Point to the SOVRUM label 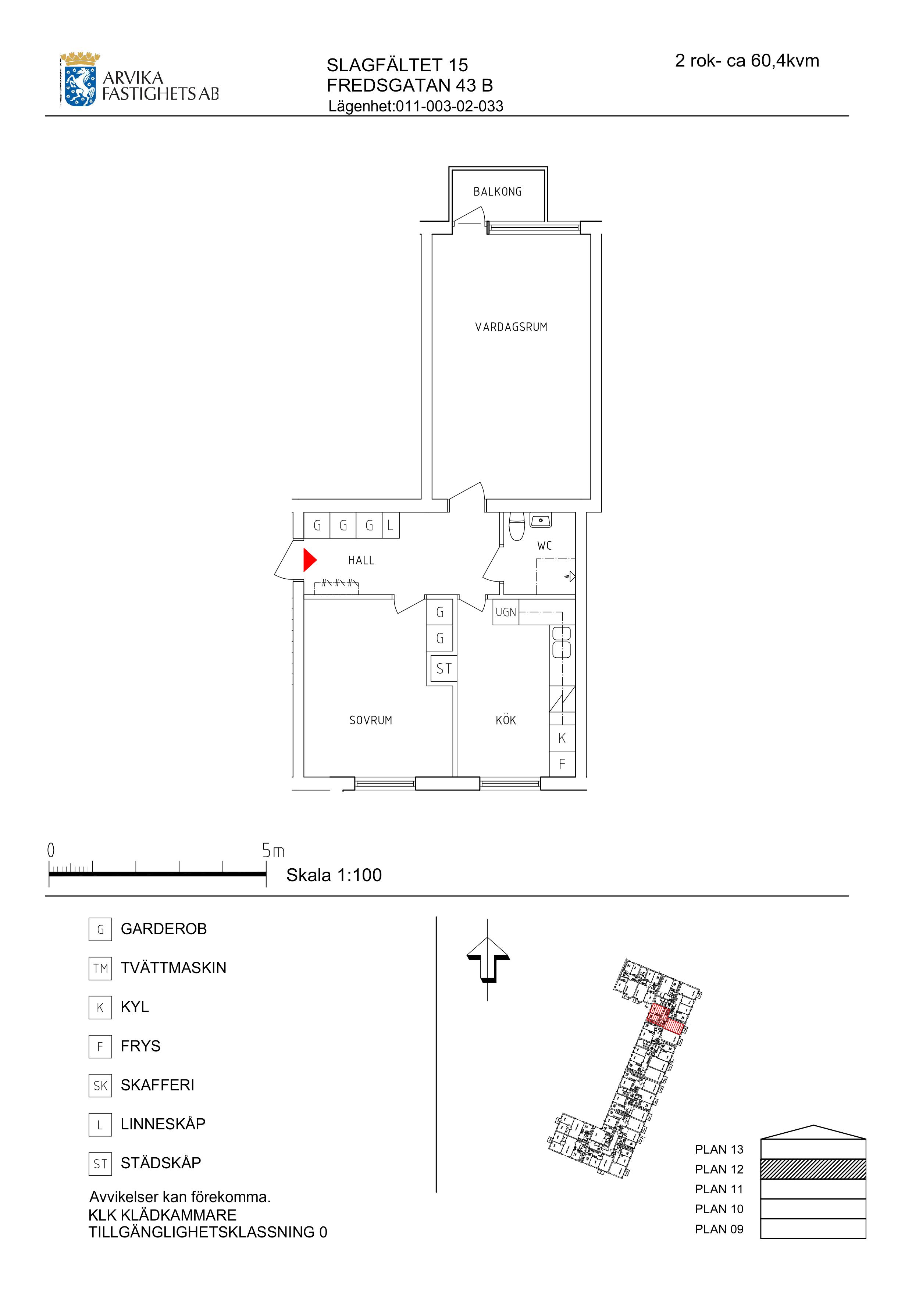[371, 720]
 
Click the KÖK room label [506, 720]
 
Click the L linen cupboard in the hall [391, 525]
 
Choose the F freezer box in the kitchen [562, 764]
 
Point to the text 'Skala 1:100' [334, 875]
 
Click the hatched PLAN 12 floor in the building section [813, 1169]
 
